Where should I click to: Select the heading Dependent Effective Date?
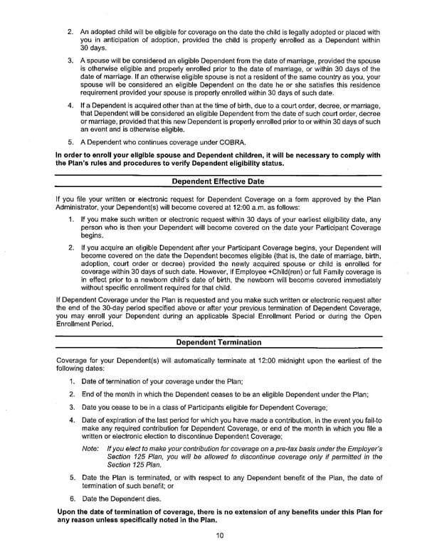click(x=218, y=181)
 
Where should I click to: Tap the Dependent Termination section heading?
click(x=218, y=342)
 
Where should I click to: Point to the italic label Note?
click(x=90, y=449)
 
